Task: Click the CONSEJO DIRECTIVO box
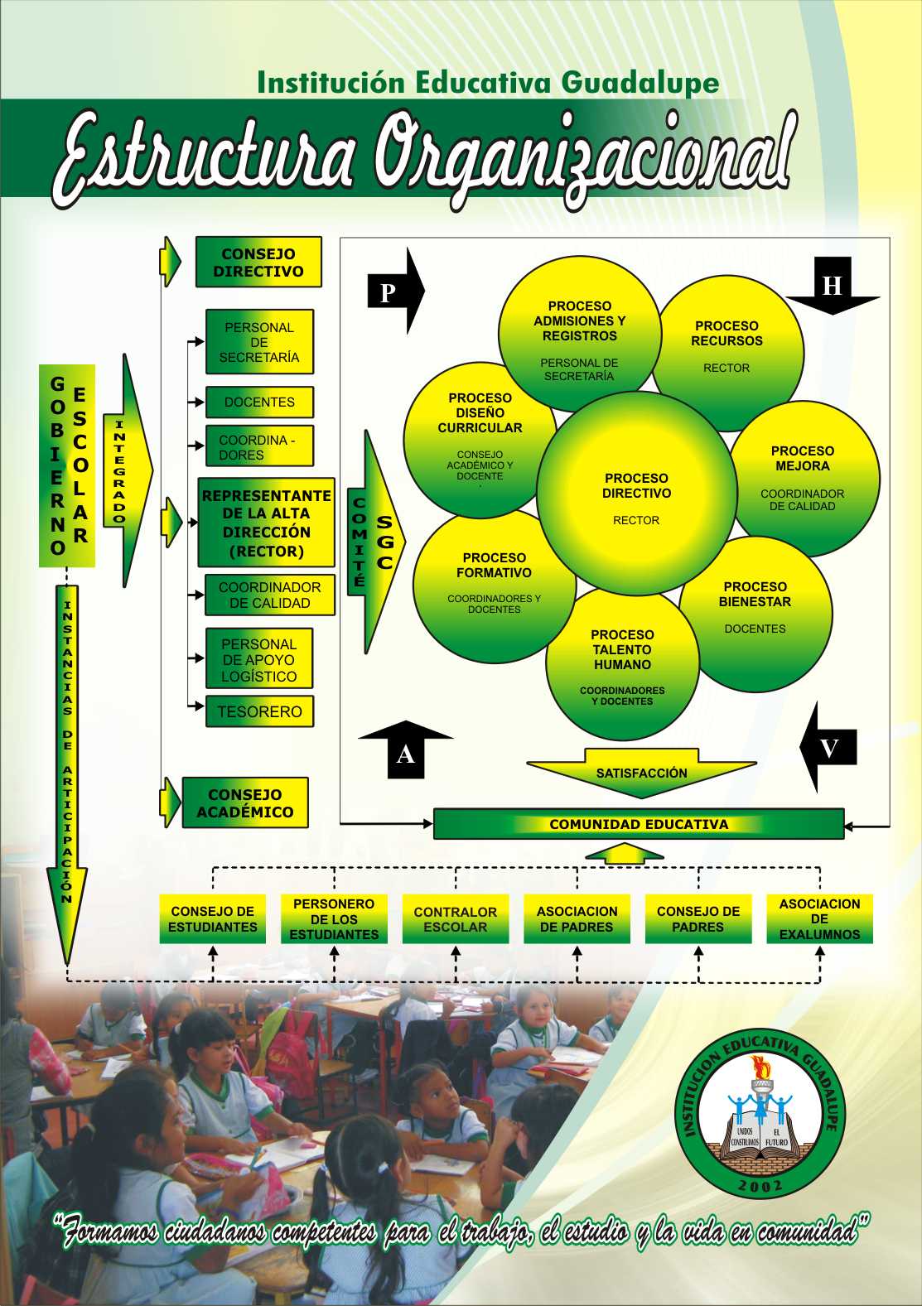(x=258, y=263)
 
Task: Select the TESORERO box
(x=259, y=711)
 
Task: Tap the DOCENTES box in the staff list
(x=259, y=402)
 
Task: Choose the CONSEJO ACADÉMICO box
(x=245, y=803)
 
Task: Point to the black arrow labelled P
(x=394, y=292)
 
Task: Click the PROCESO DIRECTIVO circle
(x=636, y=497)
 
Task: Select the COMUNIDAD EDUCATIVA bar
(x=639, y=825)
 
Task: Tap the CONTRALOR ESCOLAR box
(x=456, y=919)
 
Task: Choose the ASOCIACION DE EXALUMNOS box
(x=819, y=919)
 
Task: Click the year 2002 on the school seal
(x=760, y=1187)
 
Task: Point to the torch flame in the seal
(x=758, y=1067)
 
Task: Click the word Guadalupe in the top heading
(x=640, y=83)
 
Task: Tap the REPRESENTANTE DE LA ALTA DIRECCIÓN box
(x=266, y=523)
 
